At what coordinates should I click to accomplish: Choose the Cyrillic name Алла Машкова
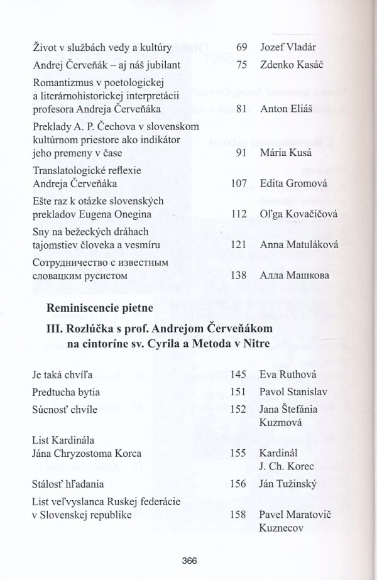[x=292, y=276]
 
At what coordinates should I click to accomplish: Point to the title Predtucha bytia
[x=66, y=392]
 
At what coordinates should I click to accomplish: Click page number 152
[x=238, y=409]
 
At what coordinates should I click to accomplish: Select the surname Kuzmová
[x=281, y=424]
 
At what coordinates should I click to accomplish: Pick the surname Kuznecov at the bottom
[x=283, y=529]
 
